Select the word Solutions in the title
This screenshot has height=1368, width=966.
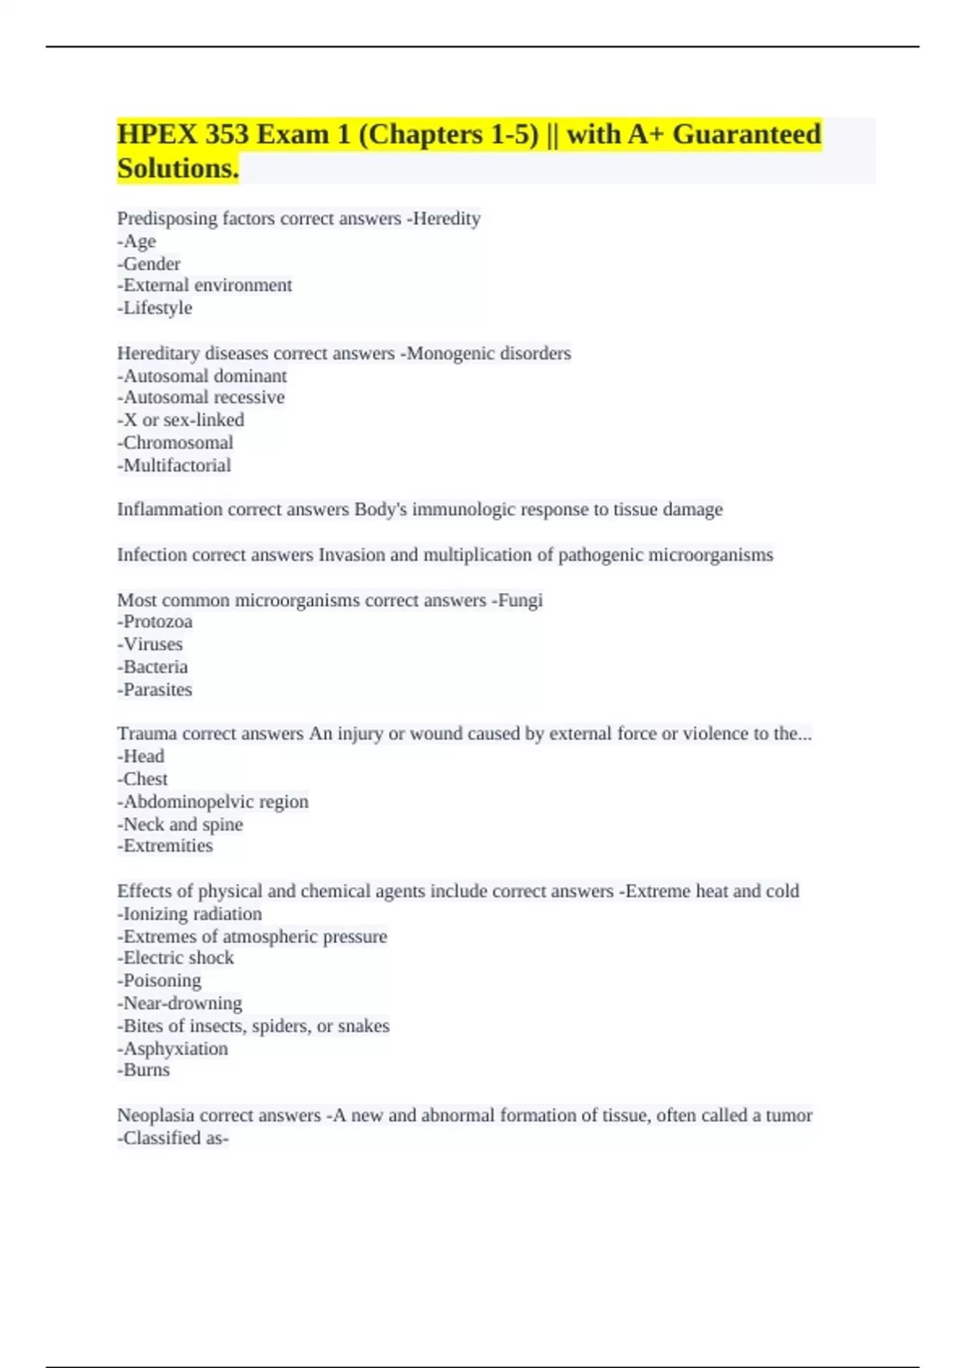177,168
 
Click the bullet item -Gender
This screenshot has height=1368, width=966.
149,263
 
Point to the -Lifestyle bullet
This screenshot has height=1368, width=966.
155,307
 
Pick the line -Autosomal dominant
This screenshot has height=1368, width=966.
202,376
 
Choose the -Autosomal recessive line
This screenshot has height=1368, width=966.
201,398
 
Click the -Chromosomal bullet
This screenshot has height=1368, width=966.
175,443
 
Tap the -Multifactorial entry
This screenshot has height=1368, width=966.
174,465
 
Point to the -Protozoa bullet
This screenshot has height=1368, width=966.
155,621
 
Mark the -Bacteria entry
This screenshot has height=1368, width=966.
152,666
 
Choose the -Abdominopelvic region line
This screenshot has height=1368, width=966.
213,801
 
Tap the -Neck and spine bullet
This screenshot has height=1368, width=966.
180,824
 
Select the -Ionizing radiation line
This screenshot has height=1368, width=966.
189,913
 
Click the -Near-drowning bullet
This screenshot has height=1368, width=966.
180,1003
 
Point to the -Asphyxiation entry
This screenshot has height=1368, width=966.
172,1049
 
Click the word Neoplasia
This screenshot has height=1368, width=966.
155,1115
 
